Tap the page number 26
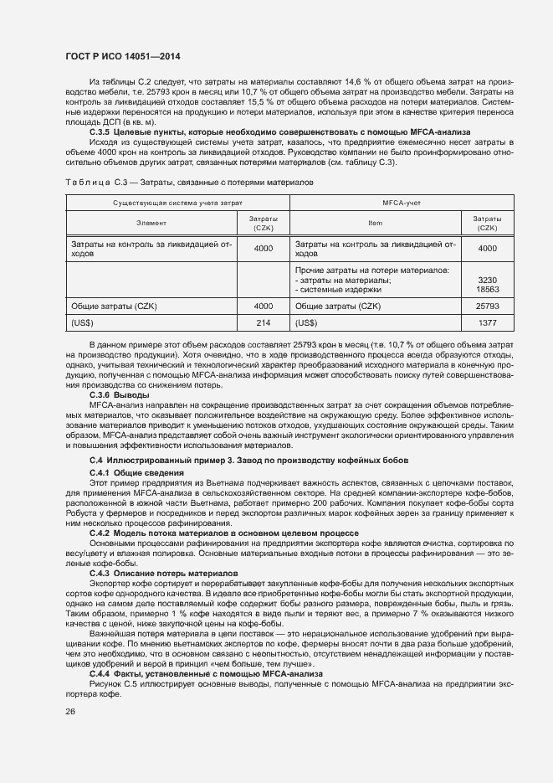(70, 711)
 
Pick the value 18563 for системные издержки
(486, 290)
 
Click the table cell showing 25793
(486, 307)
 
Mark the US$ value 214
(264, 322)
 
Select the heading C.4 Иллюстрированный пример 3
(248, 461)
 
